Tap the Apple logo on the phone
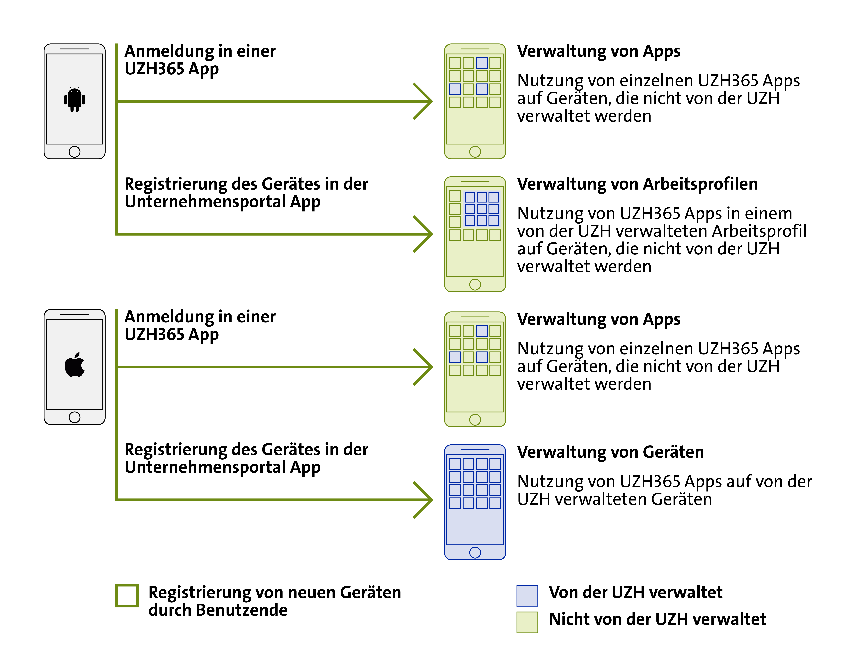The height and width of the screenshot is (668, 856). (x=74, y=365)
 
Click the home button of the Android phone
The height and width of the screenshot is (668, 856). (x=74, y=152)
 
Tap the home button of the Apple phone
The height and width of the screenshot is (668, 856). (x=74, y=417)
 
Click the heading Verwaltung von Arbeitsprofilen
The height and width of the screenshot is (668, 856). (x=637, y=184)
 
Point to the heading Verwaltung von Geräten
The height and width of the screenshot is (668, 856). (x=610, y=452)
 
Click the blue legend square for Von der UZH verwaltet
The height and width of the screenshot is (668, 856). (x=527, y=595)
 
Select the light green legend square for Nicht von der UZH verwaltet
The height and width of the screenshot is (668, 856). (x=527, y=622)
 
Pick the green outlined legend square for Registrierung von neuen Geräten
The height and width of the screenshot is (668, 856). (x=127, y=596)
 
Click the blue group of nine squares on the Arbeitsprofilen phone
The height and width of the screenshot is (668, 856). (x=482, y=209)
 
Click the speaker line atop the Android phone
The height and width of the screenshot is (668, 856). (x=74, y=49)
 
